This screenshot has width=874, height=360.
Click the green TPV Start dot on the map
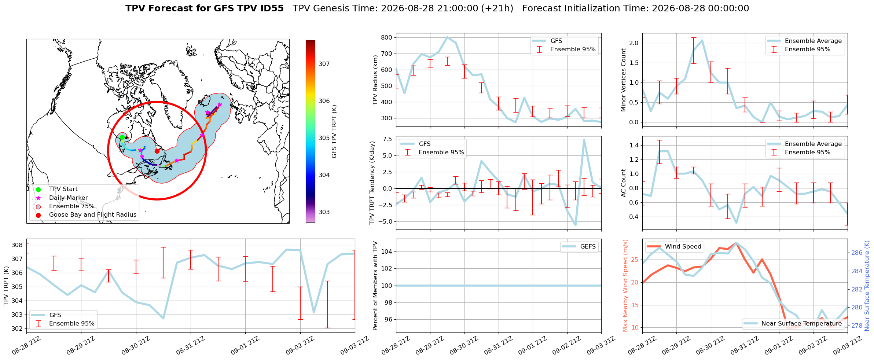pyautogui.click(x=122, y=137)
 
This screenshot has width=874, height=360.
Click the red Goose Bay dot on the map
pyautogui.click(x=157, y=151)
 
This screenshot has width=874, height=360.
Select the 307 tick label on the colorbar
pyautogui.click(x=324, y=64)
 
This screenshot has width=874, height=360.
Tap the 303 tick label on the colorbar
pyautogui.click(x=324, y=212)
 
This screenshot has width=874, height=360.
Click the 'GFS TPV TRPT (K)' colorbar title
pyautogui.click(x=334, y=132)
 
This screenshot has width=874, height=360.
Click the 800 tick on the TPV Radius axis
pyautogui.click(x=387, y=37)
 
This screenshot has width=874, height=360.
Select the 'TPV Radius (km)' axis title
pyautogui.click(x=375, y=80)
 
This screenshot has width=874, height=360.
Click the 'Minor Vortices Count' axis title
pyautogui.click(x=624, y=80)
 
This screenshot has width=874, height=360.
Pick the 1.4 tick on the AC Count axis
pyautogui.click(x=634, y=145)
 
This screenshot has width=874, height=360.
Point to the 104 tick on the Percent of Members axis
pyautogui.click(x=387, y=251)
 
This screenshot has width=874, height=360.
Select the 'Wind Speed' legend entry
pyautogui.click(x=674, y=247)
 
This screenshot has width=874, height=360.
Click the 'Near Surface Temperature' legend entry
pyautogui.click(x=793, y=323)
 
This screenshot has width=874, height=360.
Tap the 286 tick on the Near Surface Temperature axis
pyautogui.click(x=857, y=253)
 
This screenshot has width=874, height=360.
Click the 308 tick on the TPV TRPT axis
pyautogui.click(x=18, y=245)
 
